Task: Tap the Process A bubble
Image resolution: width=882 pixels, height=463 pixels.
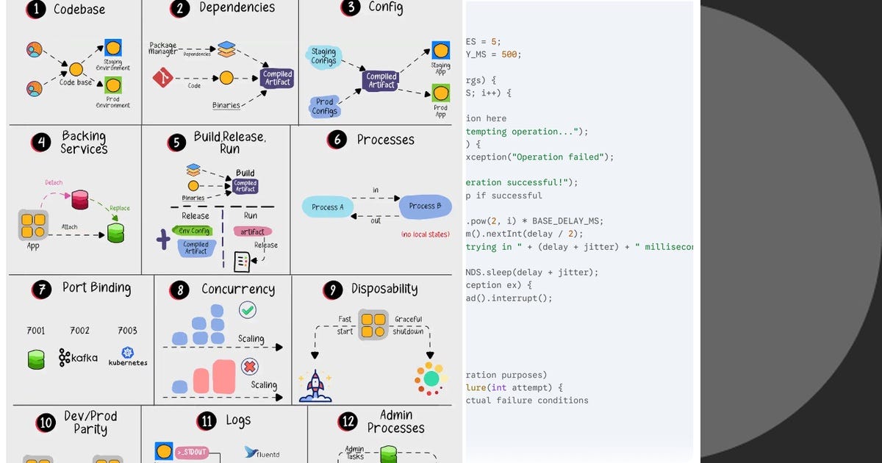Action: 327,207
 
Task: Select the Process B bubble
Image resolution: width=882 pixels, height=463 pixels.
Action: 426,206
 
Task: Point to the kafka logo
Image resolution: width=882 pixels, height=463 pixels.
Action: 78,358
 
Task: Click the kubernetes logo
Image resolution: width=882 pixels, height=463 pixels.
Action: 128,356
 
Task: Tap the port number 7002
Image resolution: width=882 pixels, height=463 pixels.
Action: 79,331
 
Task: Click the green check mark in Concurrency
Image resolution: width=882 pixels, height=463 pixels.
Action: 248,311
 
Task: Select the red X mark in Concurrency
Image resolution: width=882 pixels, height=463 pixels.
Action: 250,366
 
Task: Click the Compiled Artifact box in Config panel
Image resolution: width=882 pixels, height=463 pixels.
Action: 381,80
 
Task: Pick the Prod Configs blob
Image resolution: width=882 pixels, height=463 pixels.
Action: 325,107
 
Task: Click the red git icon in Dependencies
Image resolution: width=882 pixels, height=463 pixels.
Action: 162,77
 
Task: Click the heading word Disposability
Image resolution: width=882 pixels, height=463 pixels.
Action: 384,289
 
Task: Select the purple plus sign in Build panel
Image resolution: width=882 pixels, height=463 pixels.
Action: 163,240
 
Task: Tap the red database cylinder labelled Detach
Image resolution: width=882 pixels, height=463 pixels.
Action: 79,199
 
